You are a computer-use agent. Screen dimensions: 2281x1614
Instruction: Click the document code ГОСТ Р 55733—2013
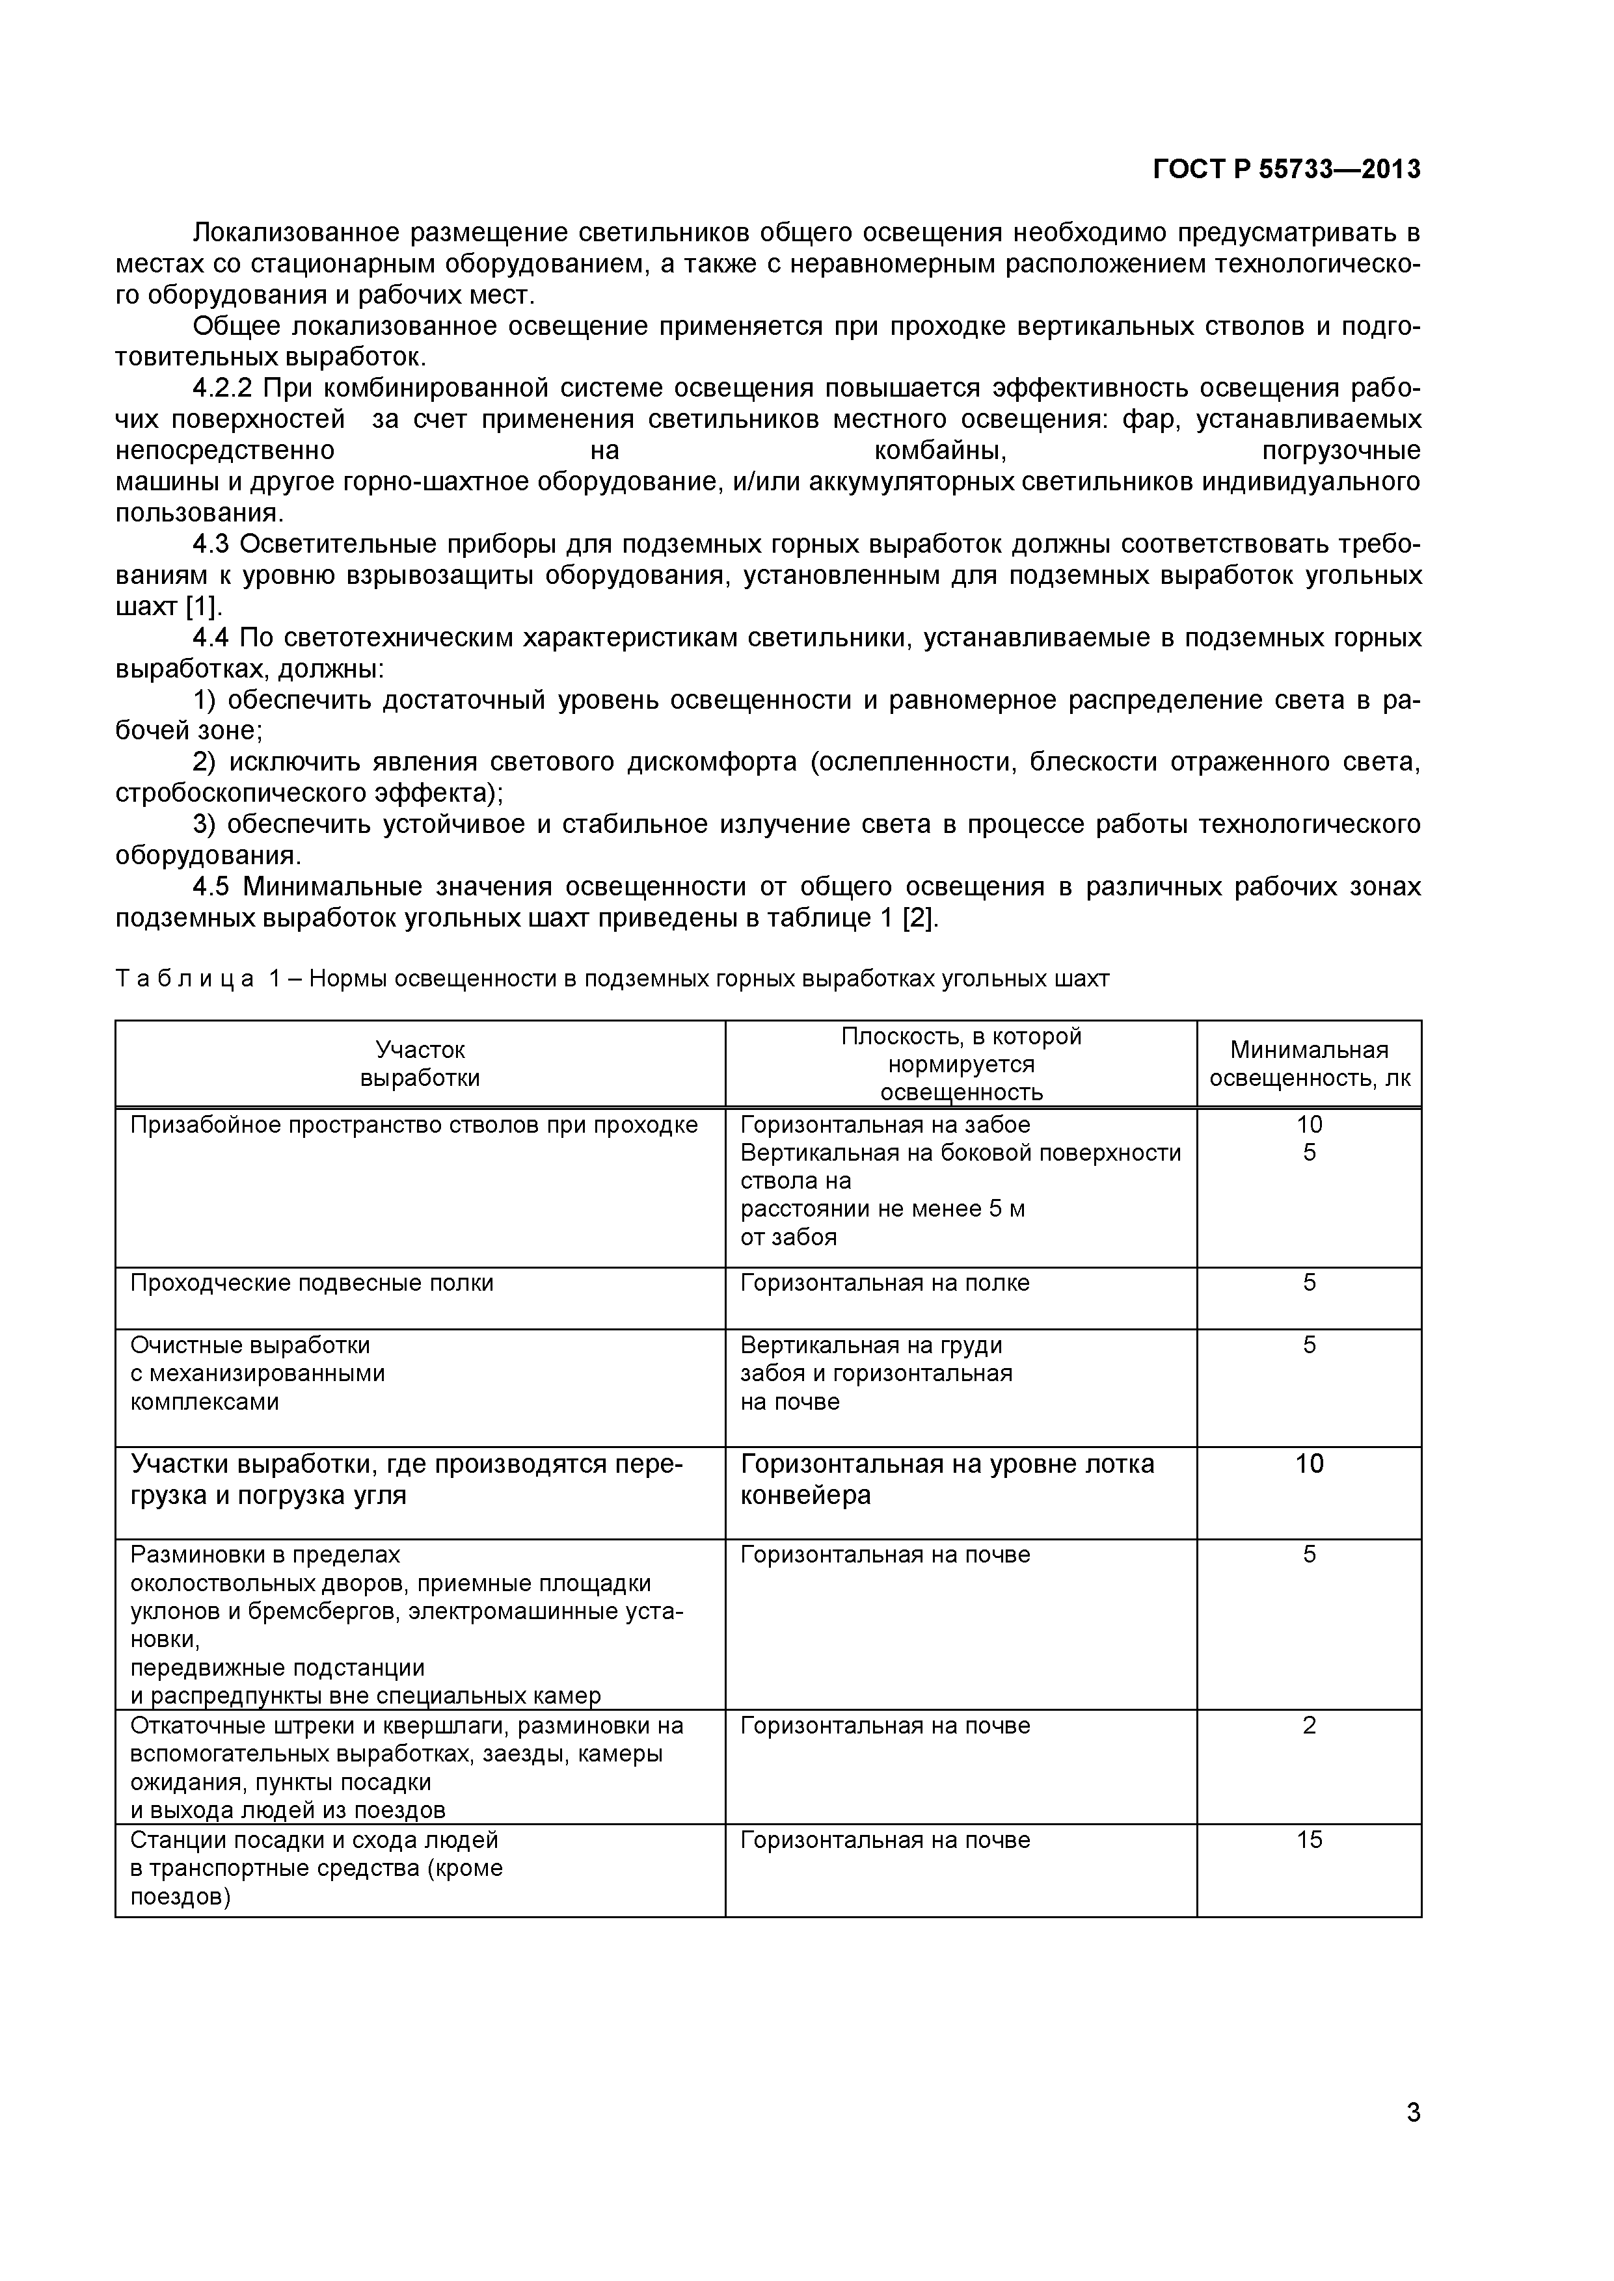point(1286,170)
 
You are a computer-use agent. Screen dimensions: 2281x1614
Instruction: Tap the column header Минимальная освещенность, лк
point(1309,1064)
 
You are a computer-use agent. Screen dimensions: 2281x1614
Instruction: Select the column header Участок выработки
point(420,1064)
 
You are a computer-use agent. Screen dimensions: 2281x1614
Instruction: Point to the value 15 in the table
point(1309,1840)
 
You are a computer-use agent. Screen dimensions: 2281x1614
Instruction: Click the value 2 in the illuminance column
point(1309,1726)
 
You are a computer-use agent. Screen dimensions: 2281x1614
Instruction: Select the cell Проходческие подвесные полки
point(312,1282)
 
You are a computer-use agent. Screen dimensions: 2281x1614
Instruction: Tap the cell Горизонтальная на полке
point(885,1282)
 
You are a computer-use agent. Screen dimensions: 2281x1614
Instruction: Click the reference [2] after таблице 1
point(919,918)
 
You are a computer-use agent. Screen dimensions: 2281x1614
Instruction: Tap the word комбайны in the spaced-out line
point(940,451)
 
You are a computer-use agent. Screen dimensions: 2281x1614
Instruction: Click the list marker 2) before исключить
point(205,762)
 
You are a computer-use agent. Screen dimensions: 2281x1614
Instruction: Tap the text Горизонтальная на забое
point(885,1125)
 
